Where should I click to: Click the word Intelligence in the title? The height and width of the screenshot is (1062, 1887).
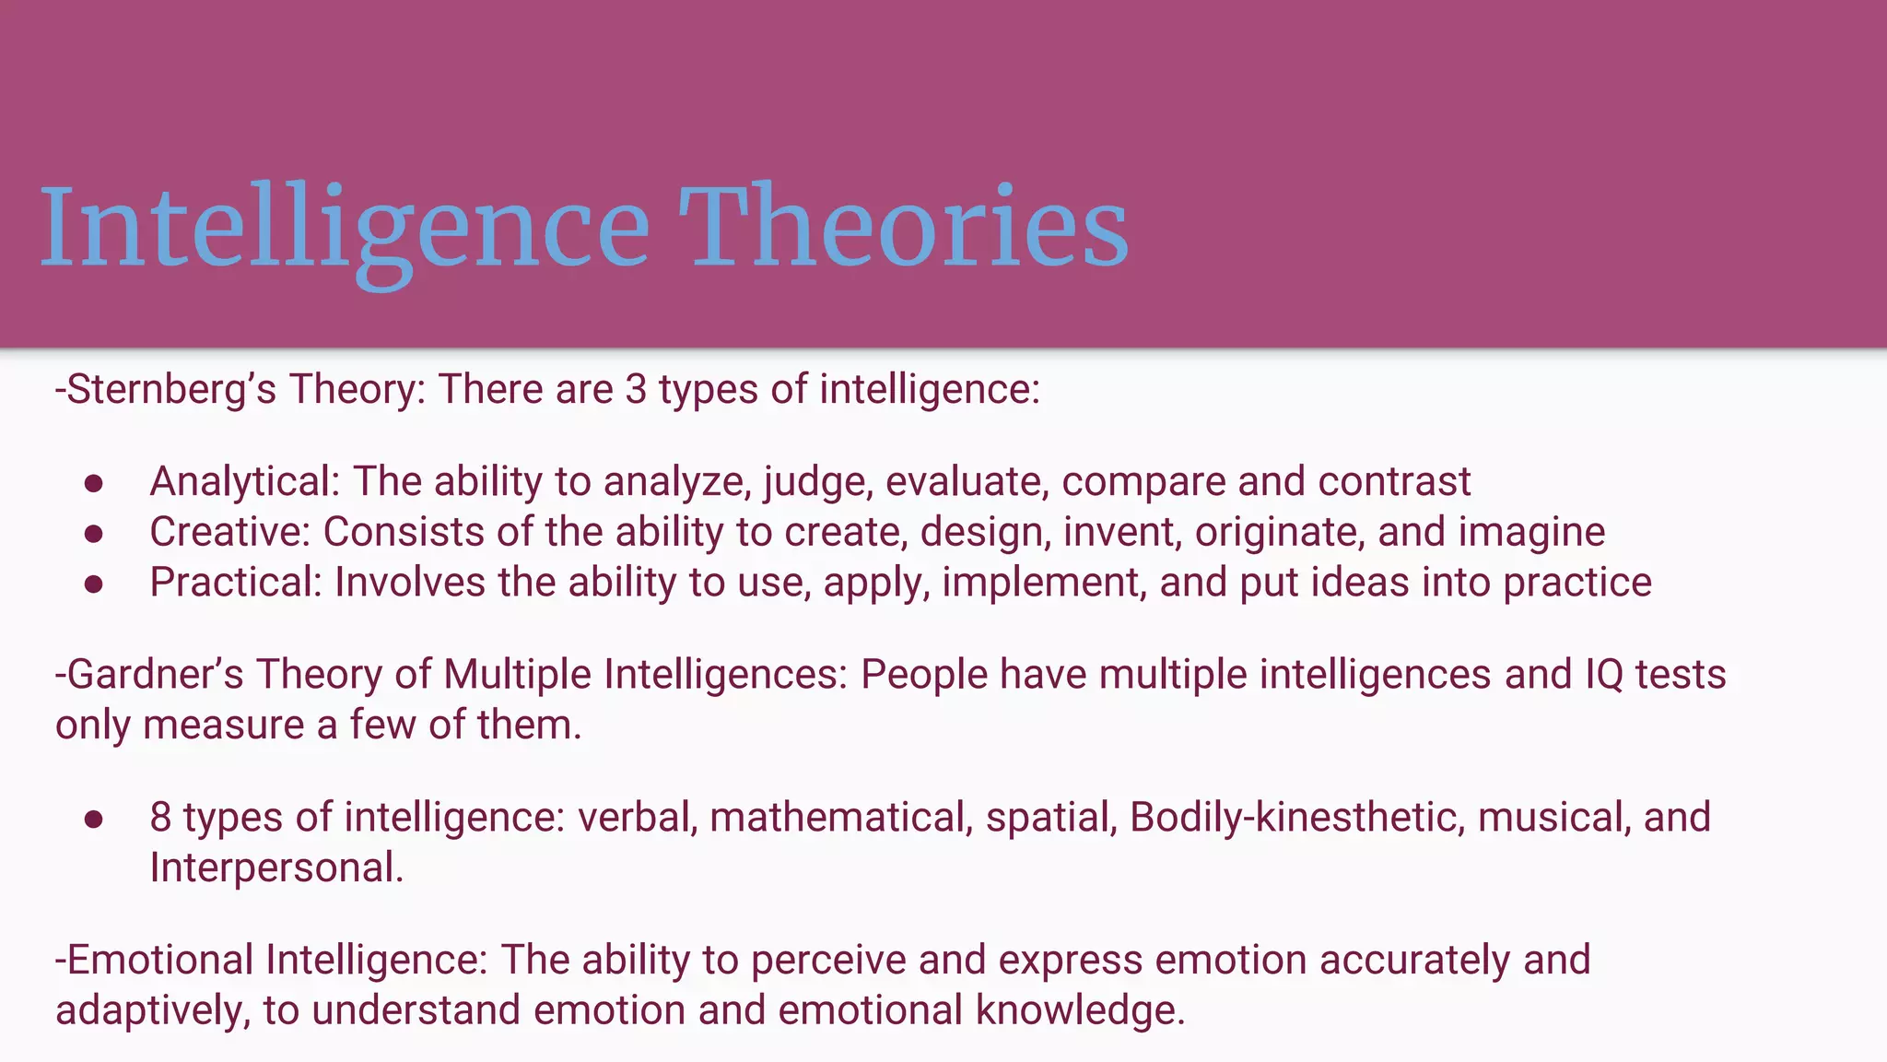click(x=345, y=229)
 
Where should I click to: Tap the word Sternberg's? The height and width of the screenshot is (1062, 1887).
click(x=171, y=389)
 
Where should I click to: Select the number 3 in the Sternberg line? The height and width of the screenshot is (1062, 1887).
click(x=636, y=389)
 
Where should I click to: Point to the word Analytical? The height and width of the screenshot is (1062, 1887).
click(x=245, y=482)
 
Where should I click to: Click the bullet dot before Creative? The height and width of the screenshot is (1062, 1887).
click(x=93, y=534)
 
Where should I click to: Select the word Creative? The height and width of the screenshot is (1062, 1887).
click(x=230, y=532)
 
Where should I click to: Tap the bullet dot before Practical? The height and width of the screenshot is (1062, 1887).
click(x=93, y=584)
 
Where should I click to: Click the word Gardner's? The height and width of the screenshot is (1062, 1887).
click(x=155, y=675)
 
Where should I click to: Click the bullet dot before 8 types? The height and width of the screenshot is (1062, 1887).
click(x=93, y=820)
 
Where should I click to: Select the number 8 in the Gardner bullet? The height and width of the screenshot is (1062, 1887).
click(x=160, y=818)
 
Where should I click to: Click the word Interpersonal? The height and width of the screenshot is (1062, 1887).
click(x=275, y=868)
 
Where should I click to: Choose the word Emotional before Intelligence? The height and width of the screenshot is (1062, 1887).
click(x=159, y=960)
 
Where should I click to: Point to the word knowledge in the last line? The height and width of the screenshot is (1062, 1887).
click(x=1079, y=1010)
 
